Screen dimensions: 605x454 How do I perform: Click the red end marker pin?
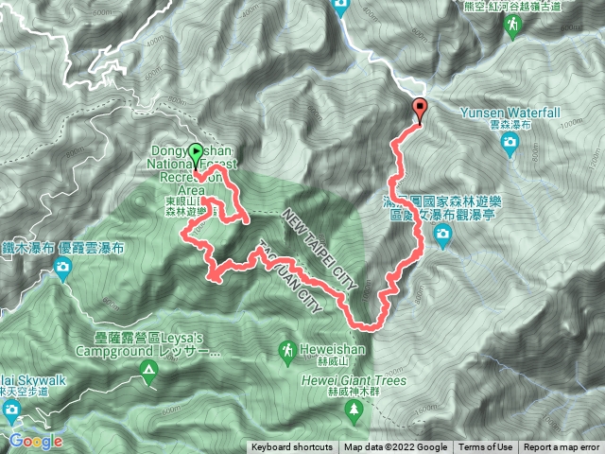(x=420, y=109)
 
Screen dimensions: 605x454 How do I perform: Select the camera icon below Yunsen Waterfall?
(x=510, y=145)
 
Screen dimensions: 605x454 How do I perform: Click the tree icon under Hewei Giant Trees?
(x=355, y=410)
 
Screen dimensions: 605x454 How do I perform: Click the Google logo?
(x=36, y=441)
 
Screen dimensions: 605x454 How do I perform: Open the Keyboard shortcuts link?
(x=292, y=447)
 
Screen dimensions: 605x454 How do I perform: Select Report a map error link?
(x=562, y=447)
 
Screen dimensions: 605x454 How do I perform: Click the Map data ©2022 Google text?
(x=395, y=447)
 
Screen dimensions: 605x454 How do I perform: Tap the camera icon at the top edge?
(x=341, y=9)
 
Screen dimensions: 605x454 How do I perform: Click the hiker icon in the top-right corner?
(x=512, y=28)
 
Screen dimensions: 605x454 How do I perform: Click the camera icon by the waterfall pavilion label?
(x=442, y=240)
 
